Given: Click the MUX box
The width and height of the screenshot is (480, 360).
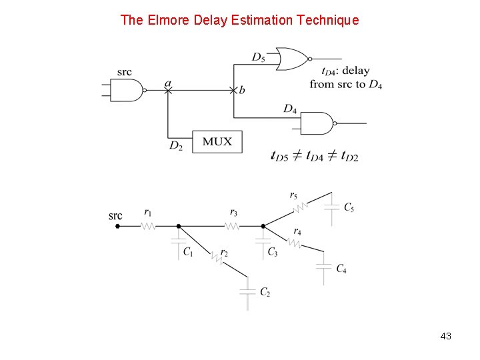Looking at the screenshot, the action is [217, 141].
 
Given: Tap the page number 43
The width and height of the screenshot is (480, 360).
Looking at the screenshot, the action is [446, 337].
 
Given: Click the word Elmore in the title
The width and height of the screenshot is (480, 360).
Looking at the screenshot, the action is [168, 20].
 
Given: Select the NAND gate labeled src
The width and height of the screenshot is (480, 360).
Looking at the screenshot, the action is [129, 90].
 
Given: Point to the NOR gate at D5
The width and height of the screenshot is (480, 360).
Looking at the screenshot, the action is [292, 59].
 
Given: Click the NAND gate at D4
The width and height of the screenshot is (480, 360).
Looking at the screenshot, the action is [317, 123].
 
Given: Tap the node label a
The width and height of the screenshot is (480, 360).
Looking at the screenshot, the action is [168, 84].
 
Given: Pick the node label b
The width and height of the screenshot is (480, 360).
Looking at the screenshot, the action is [241, 90].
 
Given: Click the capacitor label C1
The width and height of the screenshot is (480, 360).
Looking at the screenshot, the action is [188, 253].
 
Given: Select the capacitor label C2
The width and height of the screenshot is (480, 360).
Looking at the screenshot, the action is [265, 292].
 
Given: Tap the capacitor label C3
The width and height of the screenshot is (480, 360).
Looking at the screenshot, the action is [273, 252].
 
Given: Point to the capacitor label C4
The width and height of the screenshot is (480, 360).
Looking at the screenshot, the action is [341, 269].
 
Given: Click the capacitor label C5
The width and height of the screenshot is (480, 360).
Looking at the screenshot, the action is [349, 207].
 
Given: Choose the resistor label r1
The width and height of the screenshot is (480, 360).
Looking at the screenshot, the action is [148, 213].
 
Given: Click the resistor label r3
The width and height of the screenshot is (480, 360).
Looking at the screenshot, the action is [233, 213].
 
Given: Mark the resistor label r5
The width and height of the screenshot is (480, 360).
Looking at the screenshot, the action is [294, 195].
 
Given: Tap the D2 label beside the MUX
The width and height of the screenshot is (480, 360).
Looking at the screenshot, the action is [175, 145].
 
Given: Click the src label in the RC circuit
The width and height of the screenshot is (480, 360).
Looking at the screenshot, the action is [115, 215].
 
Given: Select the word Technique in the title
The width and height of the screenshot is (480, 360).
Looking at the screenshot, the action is [327, 20].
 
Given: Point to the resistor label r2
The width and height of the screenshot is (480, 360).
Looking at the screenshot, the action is [223, 253].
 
